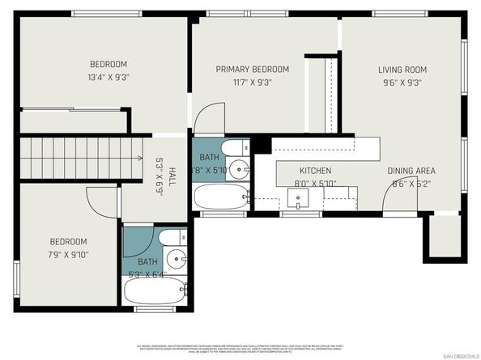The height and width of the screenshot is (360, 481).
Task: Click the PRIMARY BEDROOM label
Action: pyautogui.click(x=252, y=70)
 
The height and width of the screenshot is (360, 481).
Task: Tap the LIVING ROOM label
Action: pyautogui.click(x=402, y=70)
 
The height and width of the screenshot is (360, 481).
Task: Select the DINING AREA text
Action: pyautogui.click(x=411, y=171)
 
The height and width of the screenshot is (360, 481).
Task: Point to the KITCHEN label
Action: pyautogui.click(x=315, y=171)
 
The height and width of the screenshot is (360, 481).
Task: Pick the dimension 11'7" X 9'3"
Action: pyautogui.click(x=252, y=82)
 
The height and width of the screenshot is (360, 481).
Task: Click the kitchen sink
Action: pyautogui.click(x=297, y=199)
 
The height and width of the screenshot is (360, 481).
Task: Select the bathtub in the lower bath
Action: pyautogui.click(x=156, y=289)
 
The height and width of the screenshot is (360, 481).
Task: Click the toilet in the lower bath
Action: pyautogui.click(x=171, y=238)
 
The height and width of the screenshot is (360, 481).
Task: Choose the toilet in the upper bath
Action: pyautogui.click(x=235, y=149)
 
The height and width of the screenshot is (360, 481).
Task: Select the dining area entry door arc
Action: pyautogui.click(x=396, y=197)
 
